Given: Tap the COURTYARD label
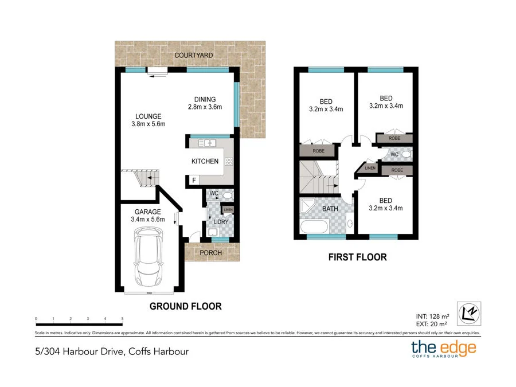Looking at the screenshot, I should point(194,55).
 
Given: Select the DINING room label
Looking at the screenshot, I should point(205,99).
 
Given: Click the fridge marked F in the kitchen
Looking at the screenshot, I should point(194,181).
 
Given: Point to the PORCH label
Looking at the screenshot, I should point(210,253).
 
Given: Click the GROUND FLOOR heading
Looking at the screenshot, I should point(185,306).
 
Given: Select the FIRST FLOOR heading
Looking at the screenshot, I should point(357,257).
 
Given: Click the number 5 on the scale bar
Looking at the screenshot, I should point(122,318).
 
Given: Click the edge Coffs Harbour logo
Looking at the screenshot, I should point(443,349).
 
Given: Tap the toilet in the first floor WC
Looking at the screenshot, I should point(406,154).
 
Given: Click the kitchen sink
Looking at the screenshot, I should point(206,143).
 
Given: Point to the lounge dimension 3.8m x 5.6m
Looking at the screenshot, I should point(148,124).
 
